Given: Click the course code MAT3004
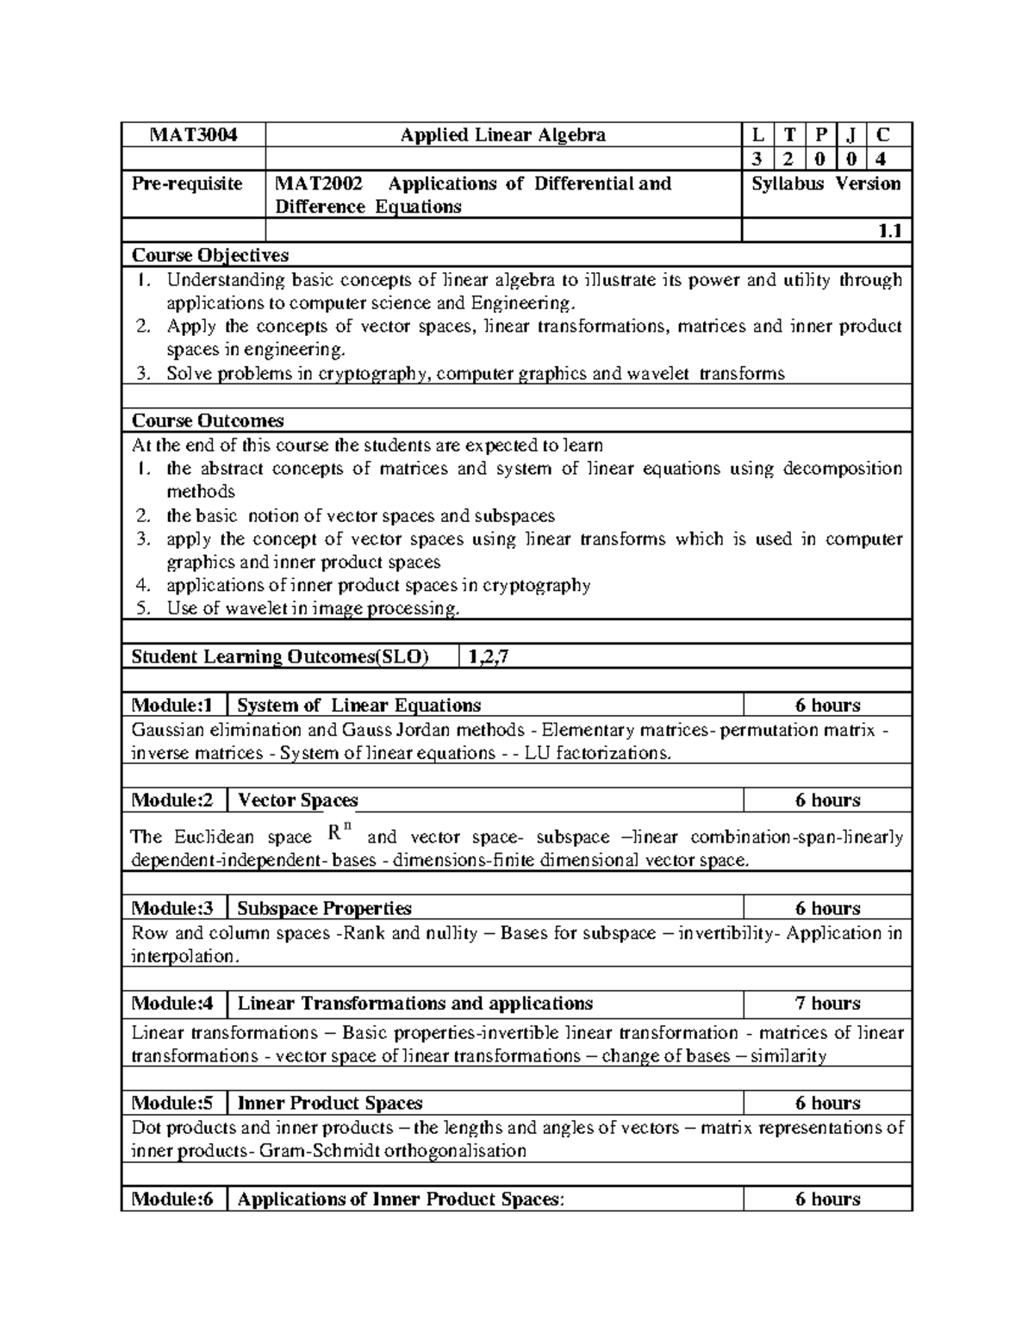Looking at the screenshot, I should (x=193, y=135).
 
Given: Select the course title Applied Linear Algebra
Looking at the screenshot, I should (x=503, y=135).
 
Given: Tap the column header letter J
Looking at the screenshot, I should (x=851, y=135).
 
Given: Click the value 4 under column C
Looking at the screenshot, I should (x=880, y=159).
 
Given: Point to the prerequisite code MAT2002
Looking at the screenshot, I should (x=318, y=184).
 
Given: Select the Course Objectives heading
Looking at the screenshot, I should (x=209, y=255).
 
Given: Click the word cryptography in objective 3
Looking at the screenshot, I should (x=375, y=374).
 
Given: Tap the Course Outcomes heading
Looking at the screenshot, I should (x=207, y=420).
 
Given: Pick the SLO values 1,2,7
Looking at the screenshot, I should (x=488, y=657).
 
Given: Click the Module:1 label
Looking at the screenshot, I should (x=171, y=706).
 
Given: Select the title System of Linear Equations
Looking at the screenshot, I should (x=358, y=706).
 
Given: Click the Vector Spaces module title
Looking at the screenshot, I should (x=297, y=800).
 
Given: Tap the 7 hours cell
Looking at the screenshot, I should (x=827, y=1004).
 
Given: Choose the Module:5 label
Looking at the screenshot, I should (x=171, y=1104).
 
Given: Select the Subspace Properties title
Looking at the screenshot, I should (x=324, y=909).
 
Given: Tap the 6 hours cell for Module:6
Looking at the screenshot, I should (x=827, y=1199).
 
